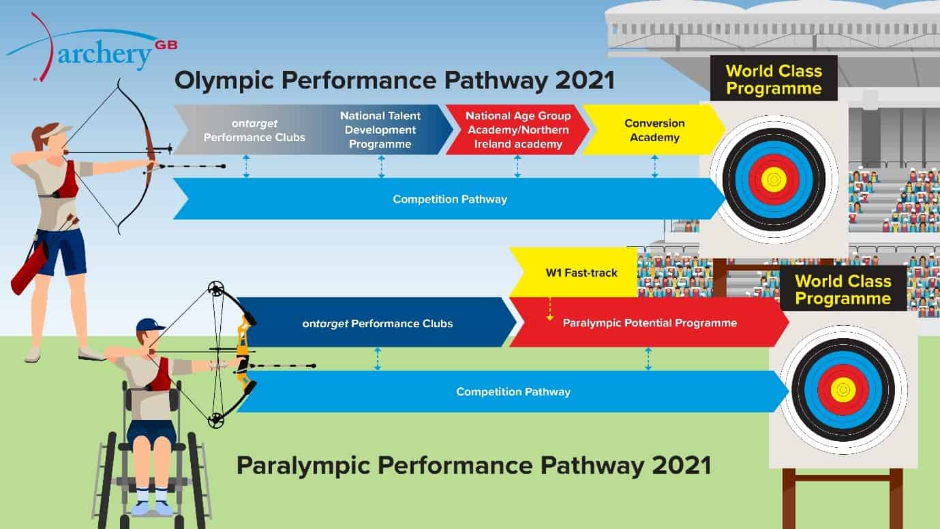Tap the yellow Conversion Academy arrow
tap(654, 130)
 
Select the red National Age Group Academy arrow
tap(517, 130)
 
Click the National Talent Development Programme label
tap(380, 130)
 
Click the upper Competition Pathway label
tap(450, 200)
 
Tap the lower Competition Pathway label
tap(513, 392)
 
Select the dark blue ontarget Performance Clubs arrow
tap(377, 323)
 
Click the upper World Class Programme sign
tap(774, 79)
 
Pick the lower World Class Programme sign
tap(843, 289)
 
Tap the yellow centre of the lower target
tap(843, 389)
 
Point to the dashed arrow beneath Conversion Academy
tap(654, 166)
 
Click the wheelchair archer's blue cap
tap(149, 324)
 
